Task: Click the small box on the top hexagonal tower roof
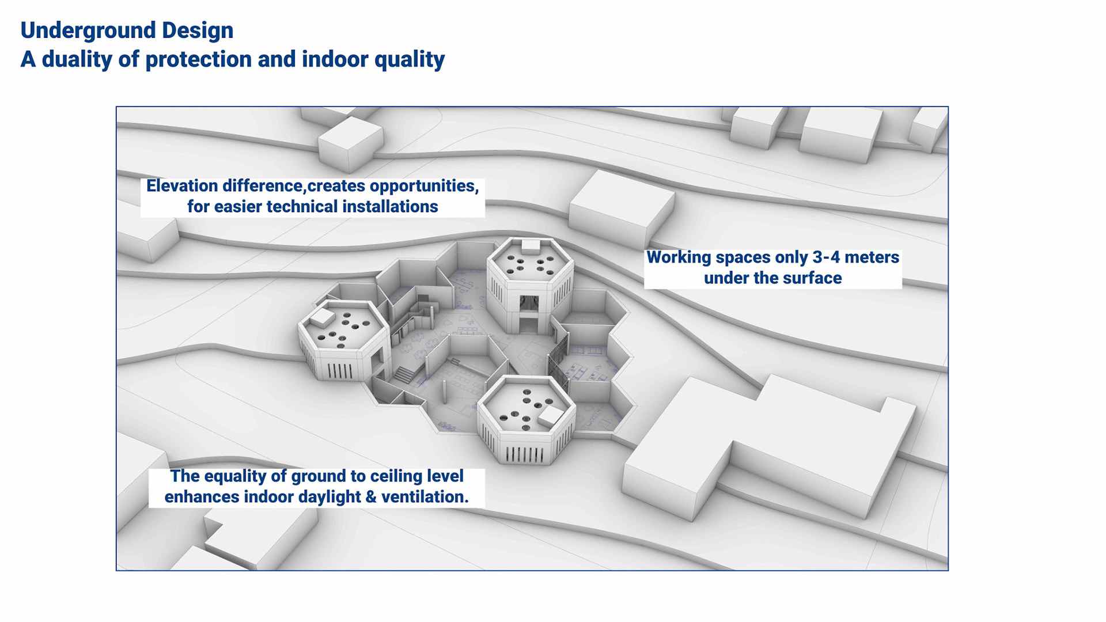[x=531, y=246]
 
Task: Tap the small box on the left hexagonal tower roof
[x=322, y=316]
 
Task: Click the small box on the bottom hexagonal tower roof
[x=550, y=415]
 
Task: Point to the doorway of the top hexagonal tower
[x=529, y=314]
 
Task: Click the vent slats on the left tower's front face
[x=340, y=370]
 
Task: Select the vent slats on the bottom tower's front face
[x=525, y=455]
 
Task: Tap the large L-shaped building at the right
[x=766, y=443]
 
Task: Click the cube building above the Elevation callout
[x=350, y=142]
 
